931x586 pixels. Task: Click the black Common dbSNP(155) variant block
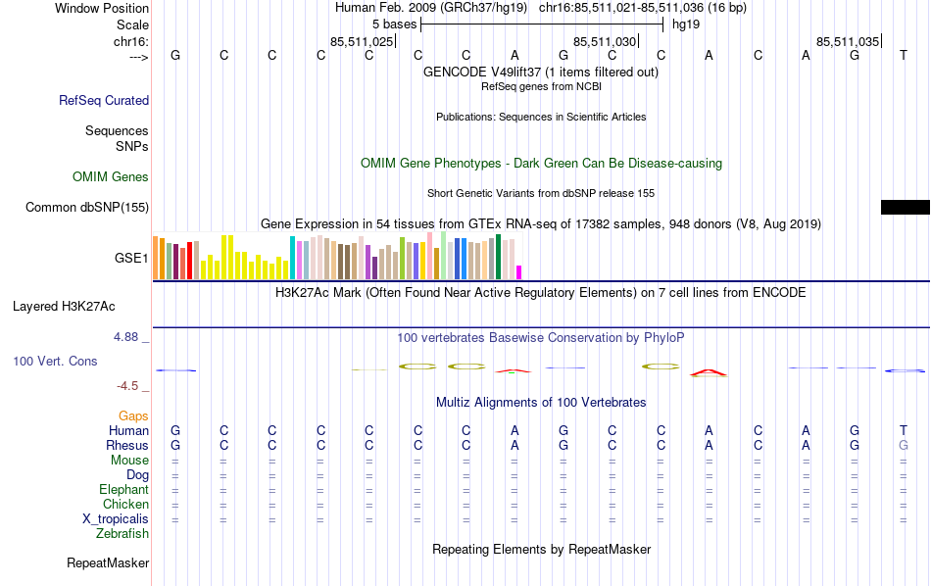pos(905,207)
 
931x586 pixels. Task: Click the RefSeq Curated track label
pos(104,100)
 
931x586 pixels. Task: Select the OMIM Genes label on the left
pos(111,177)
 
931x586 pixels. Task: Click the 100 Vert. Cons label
pos(55,362)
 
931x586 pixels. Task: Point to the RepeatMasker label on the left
pos(108,563)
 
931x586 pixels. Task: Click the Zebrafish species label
pos(122,534)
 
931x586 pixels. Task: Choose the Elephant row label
pos(123,490)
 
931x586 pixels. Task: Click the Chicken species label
pos(125,505)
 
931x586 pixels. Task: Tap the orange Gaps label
pos(133,416)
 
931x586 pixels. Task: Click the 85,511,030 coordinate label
pos(605,41)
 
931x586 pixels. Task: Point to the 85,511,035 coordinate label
pos(848,41)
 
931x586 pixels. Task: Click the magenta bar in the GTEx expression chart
pos(519,272)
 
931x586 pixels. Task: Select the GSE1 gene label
pos(131,259)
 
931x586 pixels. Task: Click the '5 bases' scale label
pos(394,23)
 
